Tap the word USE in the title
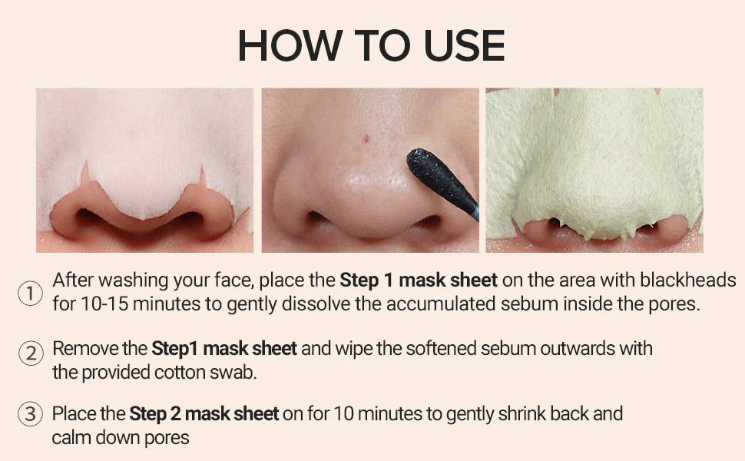[x=464, y=45]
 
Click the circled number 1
[x=30, y=294]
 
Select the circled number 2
[x=31, y=353]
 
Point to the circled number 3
[x=30, y=413]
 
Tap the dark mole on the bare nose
[x=366, y=138]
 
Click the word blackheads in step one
[x=687, y=280]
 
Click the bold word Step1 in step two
[x=174, y=350]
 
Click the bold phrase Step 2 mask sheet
[x=204, y=414]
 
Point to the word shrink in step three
[x=521, y=414]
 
